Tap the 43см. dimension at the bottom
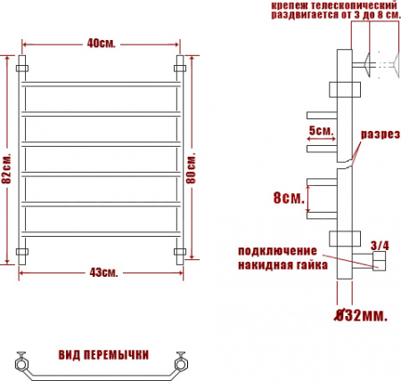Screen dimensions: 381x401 tap(102, 272)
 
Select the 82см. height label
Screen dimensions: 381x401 tap(7, 168)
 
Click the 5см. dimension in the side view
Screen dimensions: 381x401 tap(320, 130)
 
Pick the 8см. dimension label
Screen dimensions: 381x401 tap(286, 197)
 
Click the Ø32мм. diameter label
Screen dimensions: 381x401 tap(356, 314)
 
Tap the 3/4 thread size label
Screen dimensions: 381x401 tap(379, 245)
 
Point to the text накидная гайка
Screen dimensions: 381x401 tap(278, 264)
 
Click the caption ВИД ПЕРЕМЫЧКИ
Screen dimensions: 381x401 tap(102, 354)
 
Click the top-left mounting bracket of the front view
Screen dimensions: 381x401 tap(23, 68)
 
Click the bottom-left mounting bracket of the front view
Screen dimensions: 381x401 tap(23, 253)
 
